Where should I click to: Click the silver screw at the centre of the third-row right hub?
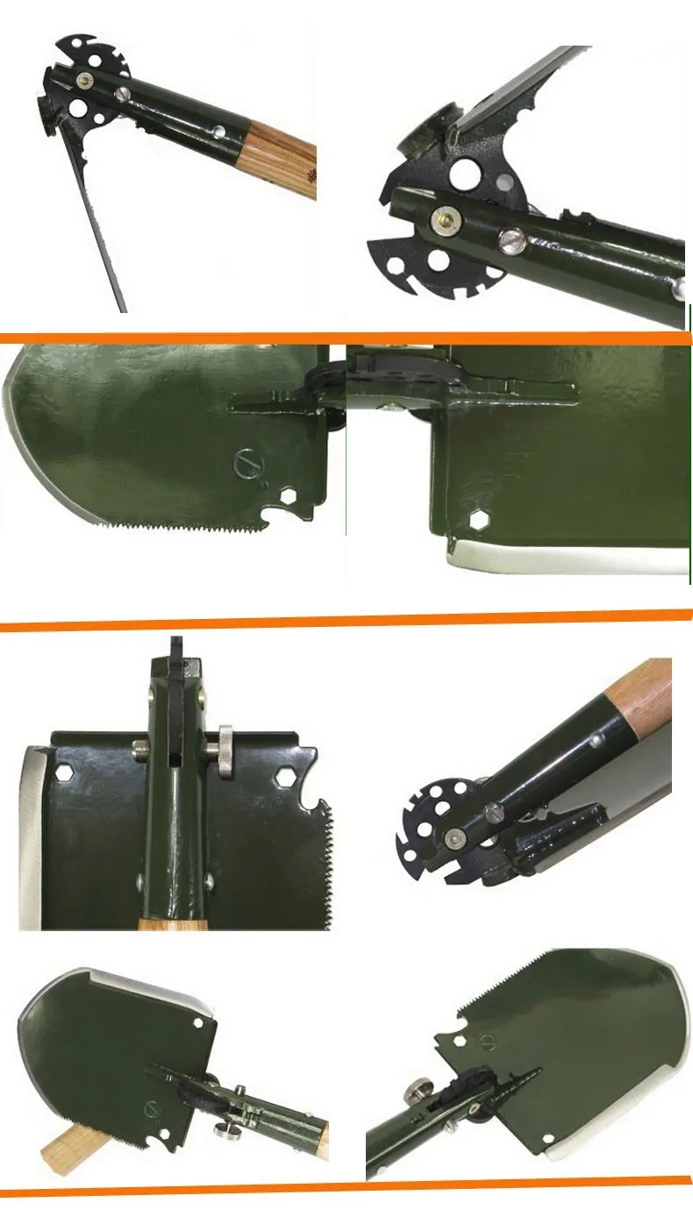(x=454, y=837)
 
